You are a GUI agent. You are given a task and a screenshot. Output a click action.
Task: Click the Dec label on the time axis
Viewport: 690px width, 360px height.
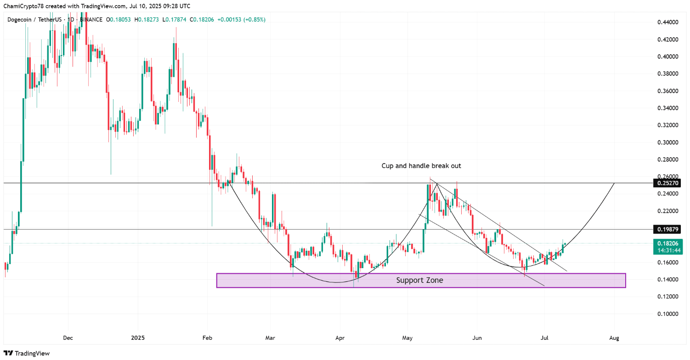(68, 338)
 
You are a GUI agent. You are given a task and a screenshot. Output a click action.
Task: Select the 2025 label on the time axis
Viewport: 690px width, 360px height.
(137, 338)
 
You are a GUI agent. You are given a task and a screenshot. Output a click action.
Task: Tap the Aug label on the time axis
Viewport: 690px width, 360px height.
(614, 338)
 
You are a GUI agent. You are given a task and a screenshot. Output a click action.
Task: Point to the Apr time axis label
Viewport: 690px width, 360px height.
(340, 338)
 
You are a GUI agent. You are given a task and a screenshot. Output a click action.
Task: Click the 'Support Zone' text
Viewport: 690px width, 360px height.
(419, 280)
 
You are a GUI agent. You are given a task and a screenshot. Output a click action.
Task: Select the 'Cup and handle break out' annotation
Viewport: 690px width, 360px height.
(421, 166)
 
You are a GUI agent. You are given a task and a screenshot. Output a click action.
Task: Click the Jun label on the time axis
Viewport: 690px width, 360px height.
(477, 338)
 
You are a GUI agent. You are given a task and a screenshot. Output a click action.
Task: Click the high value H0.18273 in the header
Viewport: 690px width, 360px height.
(149, 19)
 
